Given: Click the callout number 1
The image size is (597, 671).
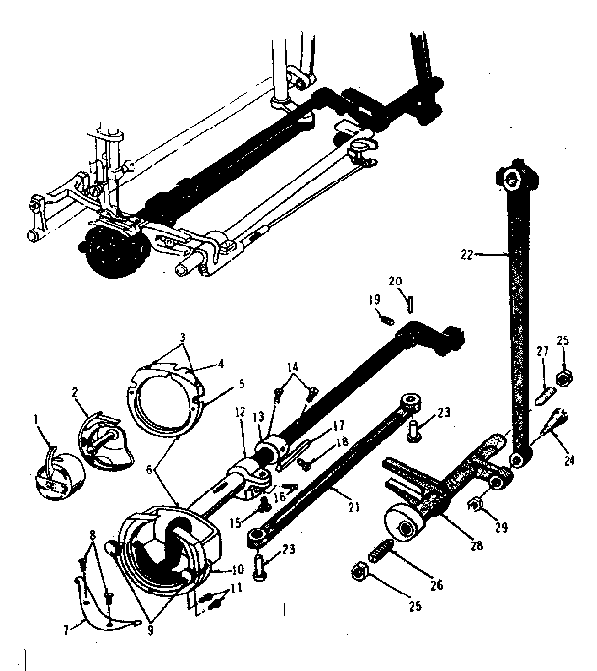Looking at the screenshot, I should click(x=37, y=420).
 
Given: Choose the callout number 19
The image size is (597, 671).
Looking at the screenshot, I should click(x=374, y=299).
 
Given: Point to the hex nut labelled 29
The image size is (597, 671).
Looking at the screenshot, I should click(x=475, y=505).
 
